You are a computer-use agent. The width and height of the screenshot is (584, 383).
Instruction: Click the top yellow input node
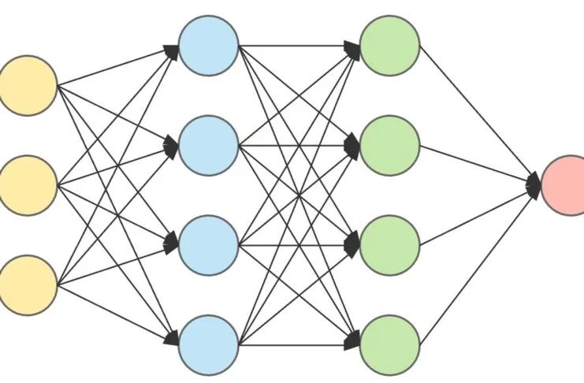28,85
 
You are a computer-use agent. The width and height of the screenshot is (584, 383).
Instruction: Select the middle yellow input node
28,185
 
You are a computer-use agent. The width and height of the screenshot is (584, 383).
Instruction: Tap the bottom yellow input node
28,285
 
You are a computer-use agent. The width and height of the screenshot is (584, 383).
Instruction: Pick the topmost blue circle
208,46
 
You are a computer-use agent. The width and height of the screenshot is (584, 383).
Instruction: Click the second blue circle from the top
208,145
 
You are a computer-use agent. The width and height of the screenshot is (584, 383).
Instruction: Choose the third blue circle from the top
208,245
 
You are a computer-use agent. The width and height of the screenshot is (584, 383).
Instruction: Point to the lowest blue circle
208,344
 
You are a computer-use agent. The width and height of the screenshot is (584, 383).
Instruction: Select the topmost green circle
389,46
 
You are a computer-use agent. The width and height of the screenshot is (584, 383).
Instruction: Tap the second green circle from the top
389,145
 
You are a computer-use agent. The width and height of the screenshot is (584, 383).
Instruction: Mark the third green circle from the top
389,245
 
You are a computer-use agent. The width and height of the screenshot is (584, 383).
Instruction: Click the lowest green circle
389,344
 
